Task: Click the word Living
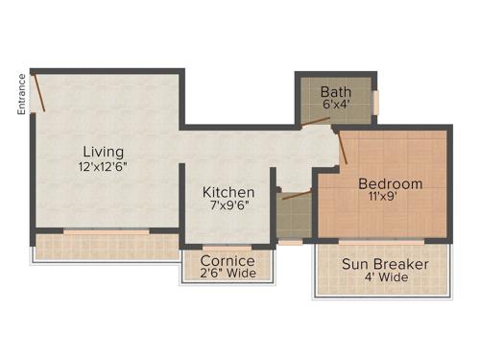point(103,152)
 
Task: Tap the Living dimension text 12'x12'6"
point(103,167)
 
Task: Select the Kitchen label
point(228,192)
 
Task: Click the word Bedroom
point(390,183)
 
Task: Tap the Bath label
point(336,91)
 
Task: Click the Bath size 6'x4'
point(336,106)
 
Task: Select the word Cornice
point(228,260)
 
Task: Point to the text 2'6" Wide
point(228,274)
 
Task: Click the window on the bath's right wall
point(375,101)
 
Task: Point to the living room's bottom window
point(106,231)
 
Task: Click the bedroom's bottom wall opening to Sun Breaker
point(382,240)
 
